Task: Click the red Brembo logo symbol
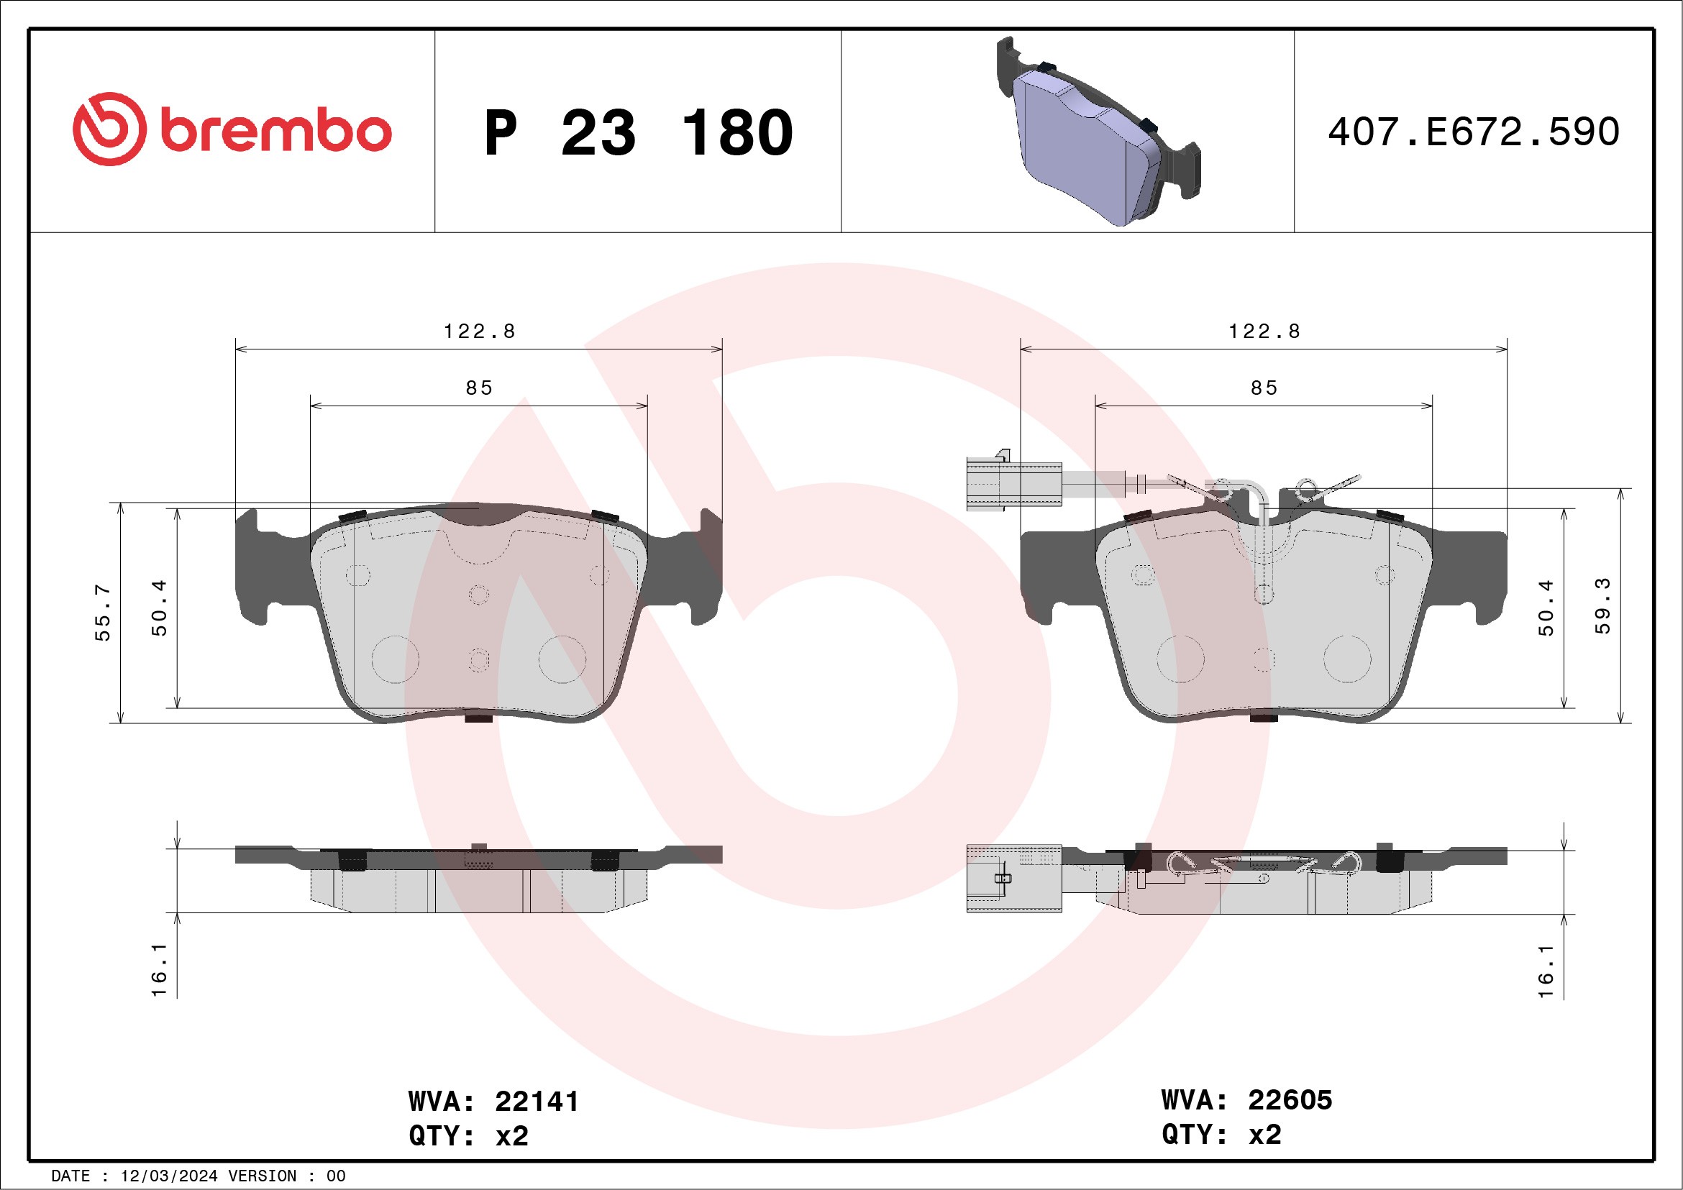[x=109, y=129]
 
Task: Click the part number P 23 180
[x=639, y=132]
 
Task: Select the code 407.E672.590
[x=1474, y=132]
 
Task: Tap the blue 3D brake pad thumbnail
[x=1099, y=131]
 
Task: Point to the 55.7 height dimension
[x=103, y=612]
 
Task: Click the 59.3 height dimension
[x=1602, y=606]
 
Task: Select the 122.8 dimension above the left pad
[x=480, y=331]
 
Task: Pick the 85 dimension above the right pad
[x=1264, y=388]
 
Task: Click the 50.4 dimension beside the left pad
[x=159, y=608]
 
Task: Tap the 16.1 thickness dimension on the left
[x=159, y=970]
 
